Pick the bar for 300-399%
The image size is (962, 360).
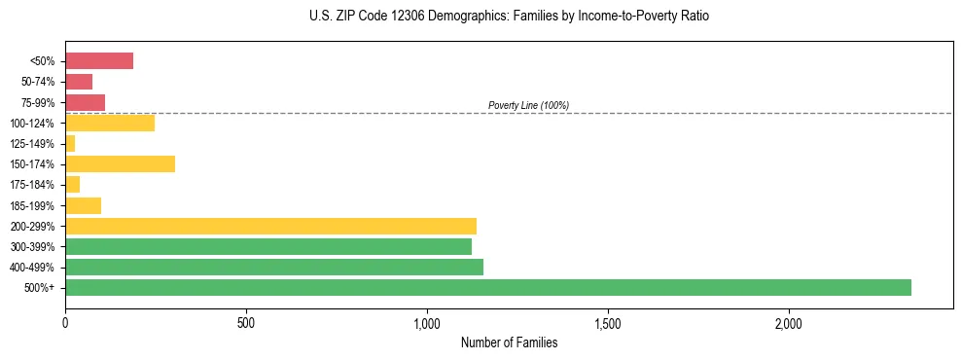click(268, 246)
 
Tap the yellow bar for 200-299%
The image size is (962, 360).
click(270, 226)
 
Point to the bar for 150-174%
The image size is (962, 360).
click(120, 163)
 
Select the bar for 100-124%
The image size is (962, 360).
click(110, 123)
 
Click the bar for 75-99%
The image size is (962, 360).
click(85, 102)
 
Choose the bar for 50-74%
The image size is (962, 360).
click(79, 82)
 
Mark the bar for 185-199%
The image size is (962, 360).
click(83, 205)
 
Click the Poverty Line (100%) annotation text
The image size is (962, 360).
click(528, 105)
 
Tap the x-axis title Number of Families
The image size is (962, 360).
click(509, 342)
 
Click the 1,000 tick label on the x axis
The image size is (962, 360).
click(427, 323)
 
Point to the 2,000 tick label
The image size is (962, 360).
click(789, 323)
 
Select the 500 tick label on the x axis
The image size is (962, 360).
click(246, 323)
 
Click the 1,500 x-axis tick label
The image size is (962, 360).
click(608, 323)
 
